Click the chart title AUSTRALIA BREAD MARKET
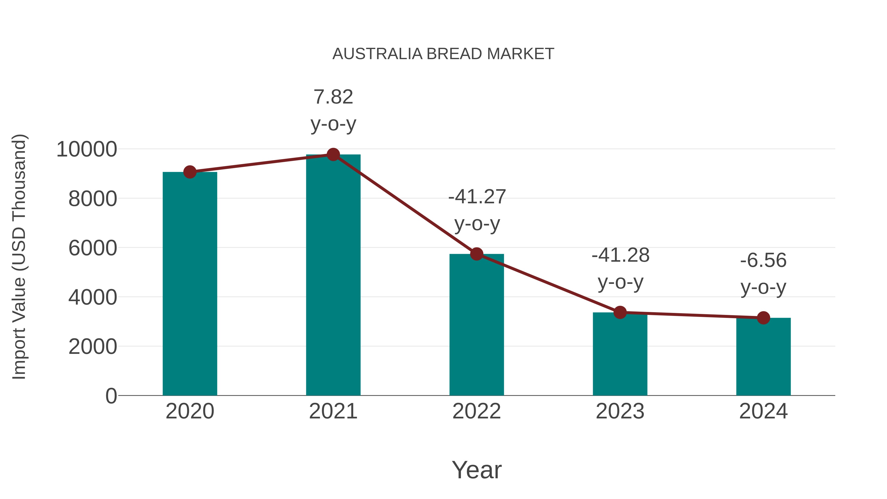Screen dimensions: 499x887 (x=443, y=54)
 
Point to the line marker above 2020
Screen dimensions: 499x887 (x=190, y=172)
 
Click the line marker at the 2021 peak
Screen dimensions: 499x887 (x=333, y=155)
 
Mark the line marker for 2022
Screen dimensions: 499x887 (x=477, y=254)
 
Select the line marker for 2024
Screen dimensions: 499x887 (x=763, y=318)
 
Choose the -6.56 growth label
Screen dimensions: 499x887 (x=763, y=274)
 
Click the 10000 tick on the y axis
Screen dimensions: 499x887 (x=86, y=150)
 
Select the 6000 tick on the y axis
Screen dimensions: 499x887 (x=93, y=248)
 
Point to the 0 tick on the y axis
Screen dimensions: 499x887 (x=111, y=396)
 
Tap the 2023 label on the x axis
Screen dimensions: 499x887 (x=620, y=411)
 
